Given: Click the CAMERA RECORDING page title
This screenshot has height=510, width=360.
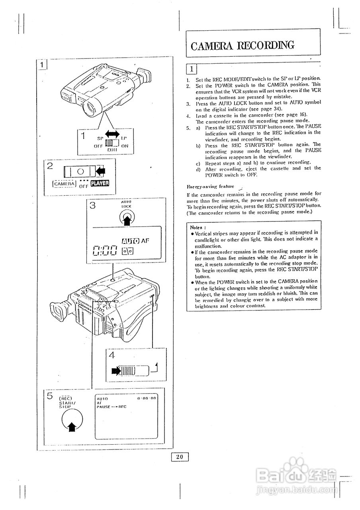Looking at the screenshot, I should [x=243, y=45].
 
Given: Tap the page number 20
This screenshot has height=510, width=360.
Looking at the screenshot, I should [x=180, y=457].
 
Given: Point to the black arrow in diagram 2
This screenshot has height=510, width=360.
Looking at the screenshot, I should [x=101, y=171].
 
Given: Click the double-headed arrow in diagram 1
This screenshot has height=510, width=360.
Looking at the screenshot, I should [x=112, y=135].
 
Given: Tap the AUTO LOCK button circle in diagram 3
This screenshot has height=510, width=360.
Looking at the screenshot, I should [x=127, y=217].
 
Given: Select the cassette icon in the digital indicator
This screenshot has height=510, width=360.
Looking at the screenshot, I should [x=128, y=251].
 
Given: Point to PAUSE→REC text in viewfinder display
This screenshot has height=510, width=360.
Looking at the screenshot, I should [x=112, y=407].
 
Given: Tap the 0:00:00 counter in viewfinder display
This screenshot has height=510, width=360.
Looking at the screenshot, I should [x=147, y=398].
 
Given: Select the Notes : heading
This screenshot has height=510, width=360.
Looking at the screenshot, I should [x=198, y=227].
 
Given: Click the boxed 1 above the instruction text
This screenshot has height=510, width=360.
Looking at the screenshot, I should [x=192, y=69].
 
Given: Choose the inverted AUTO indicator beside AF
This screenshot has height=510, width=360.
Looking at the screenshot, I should [x=131, y=241].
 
